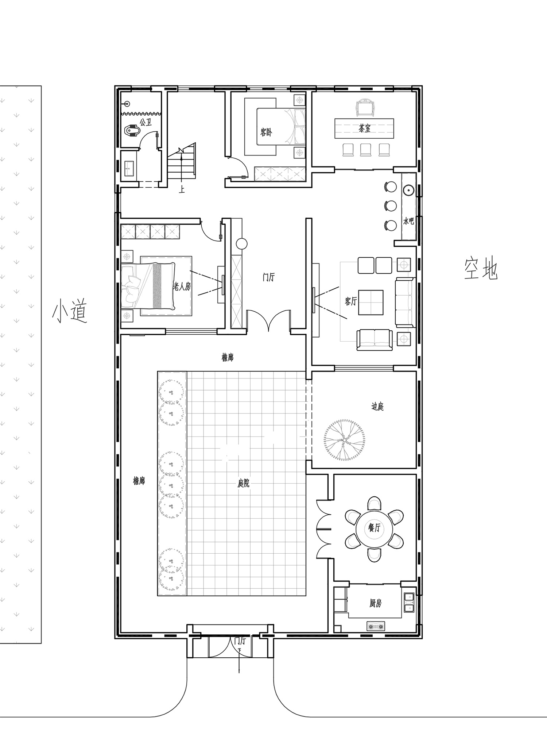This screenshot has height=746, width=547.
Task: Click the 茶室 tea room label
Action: [x=364, y=128]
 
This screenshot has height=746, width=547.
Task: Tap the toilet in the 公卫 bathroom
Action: [x=132, y=130]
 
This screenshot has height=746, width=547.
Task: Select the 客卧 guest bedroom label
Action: [x=266, y=132]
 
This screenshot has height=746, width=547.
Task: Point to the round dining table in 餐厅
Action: [x=374, y=528]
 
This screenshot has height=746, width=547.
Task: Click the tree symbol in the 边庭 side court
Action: [x=344, y=439]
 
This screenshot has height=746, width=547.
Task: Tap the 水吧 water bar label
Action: [x=409, y=221]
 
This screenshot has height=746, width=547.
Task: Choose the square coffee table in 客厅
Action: [x=371, y=302]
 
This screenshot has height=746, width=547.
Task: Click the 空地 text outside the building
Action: [x=481, y=269]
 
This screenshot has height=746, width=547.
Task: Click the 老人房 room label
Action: [x=182, y=287]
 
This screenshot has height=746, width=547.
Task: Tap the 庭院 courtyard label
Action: [x=243, y=484]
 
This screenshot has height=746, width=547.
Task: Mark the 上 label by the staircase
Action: [x=182, y=190]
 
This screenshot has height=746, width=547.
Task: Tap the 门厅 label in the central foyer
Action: [x=268, y=277]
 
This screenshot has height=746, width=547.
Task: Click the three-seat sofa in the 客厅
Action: [x=406, y=302]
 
